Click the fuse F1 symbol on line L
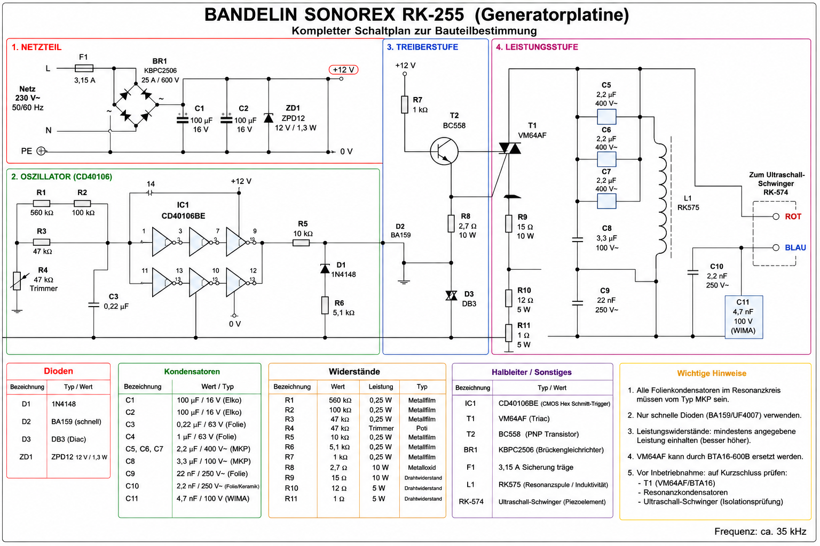84,68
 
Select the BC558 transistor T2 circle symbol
444,151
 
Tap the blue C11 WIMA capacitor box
744,317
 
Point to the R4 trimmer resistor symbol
17,281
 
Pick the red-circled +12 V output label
343,69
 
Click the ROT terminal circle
776,216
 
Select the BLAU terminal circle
776,247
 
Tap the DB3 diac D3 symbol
451,295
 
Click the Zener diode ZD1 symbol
269,118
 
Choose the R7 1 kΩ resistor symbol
405,105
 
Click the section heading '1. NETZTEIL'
36,47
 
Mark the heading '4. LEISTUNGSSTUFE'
537,47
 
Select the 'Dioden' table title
58,371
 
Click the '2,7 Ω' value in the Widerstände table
338,468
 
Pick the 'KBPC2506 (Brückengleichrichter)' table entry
551,450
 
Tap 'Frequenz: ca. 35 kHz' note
760,532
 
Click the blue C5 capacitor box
606,117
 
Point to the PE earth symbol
41,151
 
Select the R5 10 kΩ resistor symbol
301,243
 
